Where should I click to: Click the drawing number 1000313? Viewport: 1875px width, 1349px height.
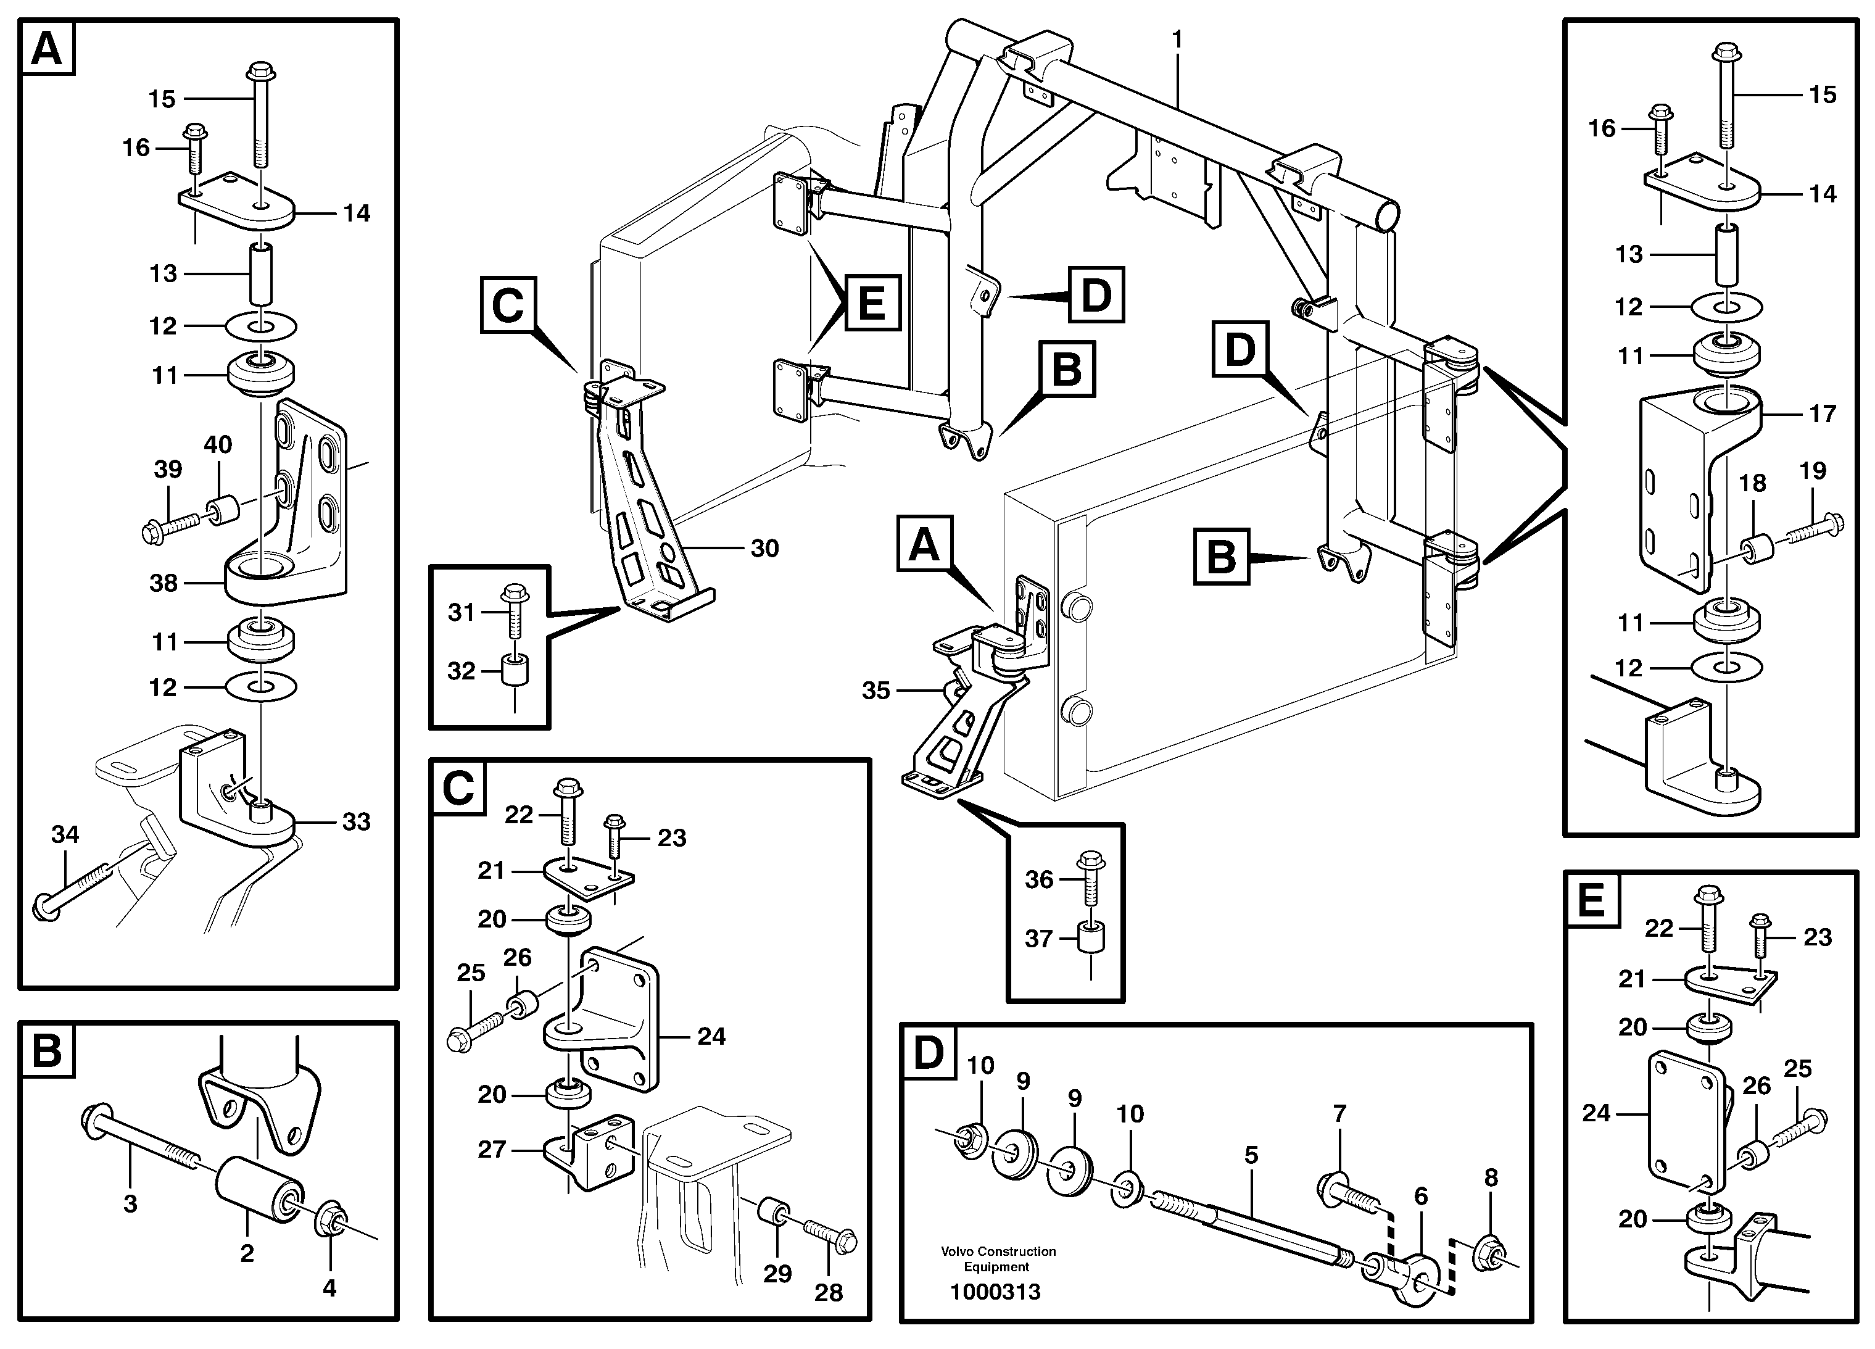click(995, 1292)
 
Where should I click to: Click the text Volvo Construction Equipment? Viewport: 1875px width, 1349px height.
click(998, 1259)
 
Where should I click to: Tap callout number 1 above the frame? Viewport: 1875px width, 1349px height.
click(1177, 39)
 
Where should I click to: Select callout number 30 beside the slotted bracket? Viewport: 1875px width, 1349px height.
click(764, 549)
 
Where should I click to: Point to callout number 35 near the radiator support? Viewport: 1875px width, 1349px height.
click(875, 690)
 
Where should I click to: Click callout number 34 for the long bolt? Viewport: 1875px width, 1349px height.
click(65, 834)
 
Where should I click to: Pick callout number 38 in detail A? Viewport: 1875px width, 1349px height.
click(163, 583)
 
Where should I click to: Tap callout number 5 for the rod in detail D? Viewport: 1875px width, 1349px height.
click(1251, 1155)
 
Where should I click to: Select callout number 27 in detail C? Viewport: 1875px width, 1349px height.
click(492, 1150)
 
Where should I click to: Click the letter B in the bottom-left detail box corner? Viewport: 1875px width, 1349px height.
click(47, 1051)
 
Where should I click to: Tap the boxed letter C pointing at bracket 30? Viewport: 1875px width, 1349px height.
click(508, 306)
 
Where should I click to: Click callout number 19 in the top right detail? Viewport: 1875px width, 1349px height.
click(1812, 471)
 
